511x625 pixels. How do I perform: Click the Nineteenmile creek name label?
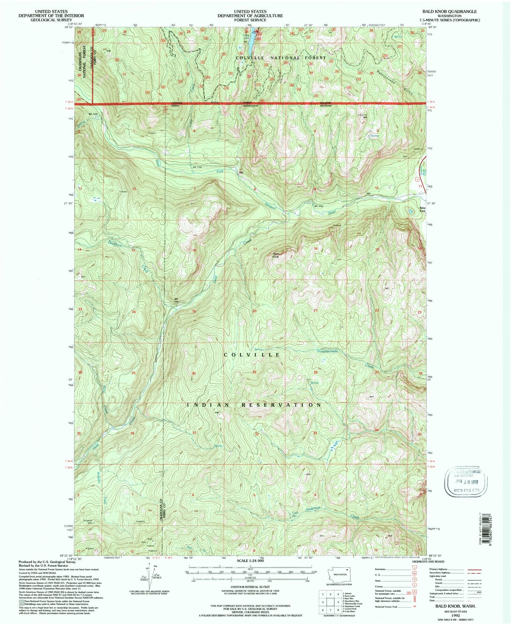tap(327, 351)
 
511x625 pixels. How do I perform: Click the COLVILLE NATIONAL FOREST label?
tap(281, 58)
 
